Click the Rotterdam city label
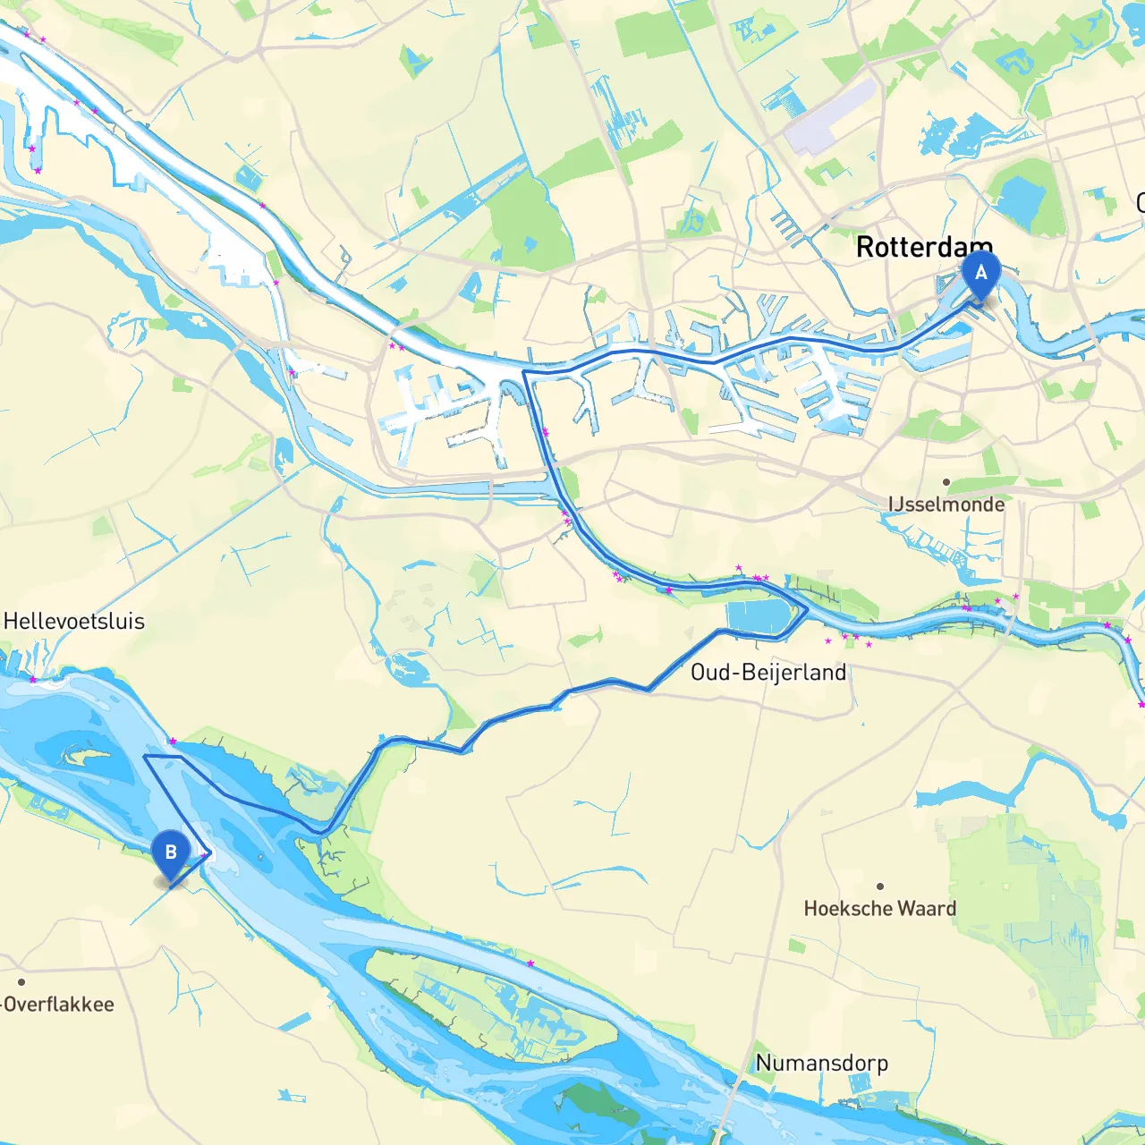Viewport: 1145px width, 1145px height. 924,247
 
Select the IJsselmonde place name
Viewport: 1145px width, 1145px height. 946,505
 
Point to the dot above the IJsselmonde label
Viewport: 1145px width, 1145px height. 946,482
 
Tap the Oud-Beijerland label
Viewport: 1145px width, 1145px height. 768,673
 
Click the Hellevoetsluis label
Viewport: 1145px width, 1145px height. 74,622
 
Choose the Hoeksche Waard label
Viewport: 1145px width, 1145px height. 879,909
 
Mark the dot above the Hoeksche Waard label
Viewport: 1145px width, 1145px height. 880,886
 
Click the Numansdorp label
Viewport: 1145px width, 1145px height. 821,1063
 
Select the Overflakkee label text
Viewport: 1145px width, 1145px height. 59,1005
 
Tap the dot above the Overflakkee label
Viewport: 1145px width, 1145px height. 21,982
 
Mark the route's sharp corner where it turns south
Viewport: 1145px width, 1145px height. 523,371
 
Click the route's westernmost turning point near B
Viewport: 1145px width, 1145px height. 145,756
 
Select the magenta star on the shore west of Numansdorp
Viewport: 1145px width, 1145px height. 530,963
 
